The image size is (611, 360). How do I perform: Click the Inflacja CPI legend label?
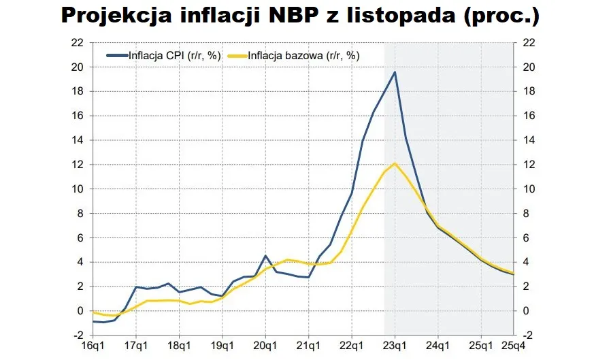(x=174, y=56)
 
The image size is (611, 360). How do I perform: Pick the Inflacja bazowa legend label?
(x=303, y=56)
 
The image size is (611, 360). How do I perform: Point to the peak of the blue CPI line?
(x=395, y=72)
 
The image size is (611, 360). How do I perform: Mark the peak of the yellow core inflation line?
(x=395, y=163)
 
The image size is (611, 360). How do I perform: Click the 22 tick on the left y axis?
(x=78, y=43)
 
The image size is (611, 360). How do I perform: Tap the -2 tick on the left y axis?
(x=78, y=336)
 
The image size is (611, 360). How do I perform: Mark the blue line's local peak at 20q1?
(x=265, y=256)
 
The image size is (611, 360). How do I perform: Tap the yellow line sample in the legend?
(x=237, y=56)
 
